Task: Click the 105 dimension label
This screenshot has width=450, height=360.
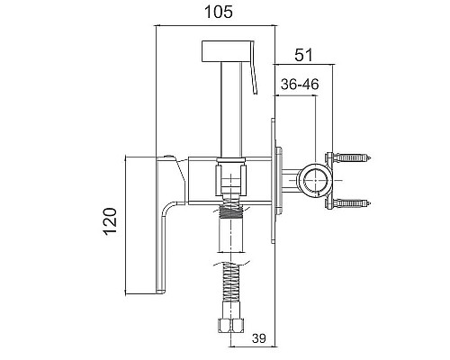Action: (x=219, y=13)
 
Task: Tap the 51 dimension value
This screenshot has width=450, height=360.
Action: (x=303, y=55)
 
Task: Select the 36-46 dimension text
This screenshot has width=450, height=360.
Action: (x=300, y=85)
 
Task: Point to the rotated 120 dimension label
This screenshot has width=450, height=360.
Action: (x=111, y=221)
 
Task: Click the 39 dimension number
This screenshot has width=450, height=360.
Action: (x=259, y=338)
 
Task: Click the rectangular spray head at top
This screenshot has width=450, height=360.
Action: (x=227, y=51)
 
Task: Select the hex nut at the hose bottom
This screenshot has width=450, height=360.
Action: (x=231, y=325)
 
